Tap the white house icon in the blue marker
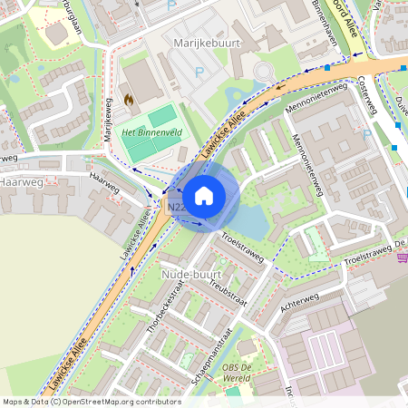click(x=204, y=195)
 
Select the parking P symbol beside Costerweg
click(x=366, y=135)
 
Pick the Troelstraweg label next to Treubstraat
click(x=240, y=245)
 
